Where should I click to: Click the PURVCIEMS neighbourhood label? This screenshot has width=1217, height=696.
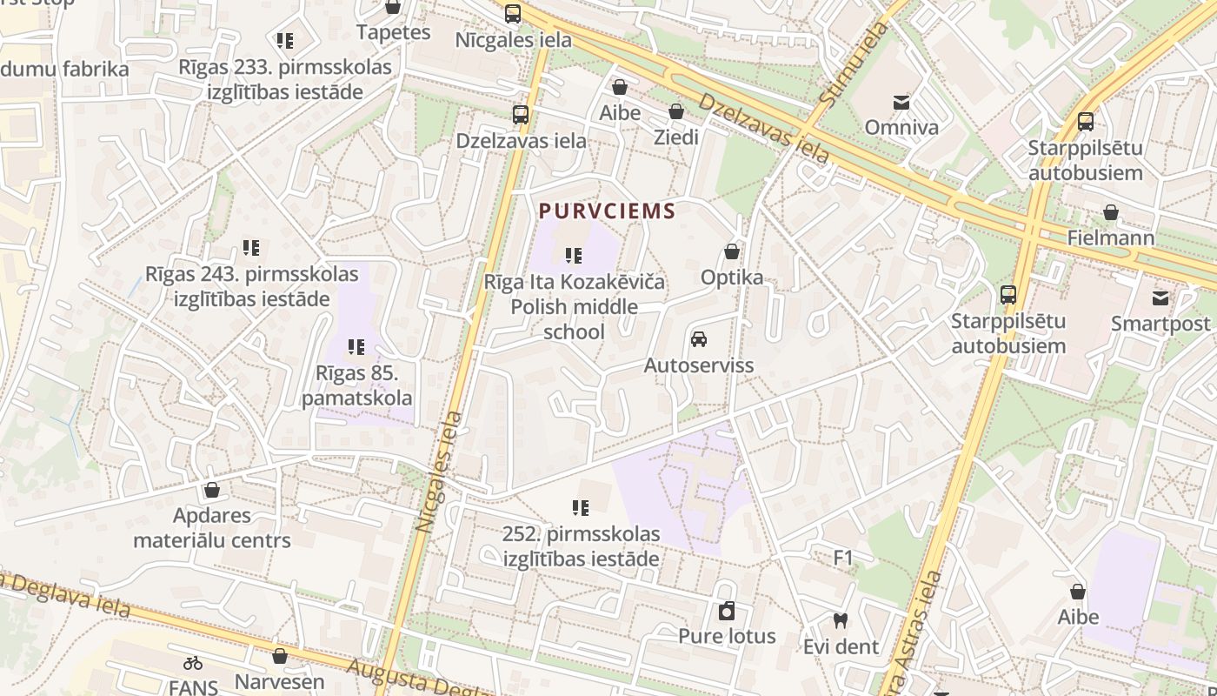coord(607,211)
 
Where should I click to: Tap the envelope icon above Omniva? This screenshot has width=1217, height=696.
coord(901,103)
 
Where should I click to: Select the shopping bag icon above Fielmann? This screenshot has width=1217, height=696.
coord(1110,212)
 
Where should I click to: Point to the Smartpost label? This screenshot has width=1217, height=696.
coord(1160,324)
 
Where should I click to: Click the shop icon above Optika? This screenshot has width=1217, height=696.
coord(732,252)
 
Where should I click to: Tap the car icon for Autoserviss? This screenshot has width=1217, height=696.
coord(698,339)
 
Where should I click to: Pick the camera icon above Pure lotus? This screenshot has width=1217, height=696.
coord(726,611)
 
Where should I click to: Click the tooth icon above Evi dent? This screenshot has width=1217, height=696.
coord(840,621)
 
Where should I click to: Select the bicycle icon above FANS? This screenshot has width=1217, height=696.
coord(193,663)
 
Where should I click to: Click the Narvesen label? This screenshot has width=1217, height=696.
coord(279,681)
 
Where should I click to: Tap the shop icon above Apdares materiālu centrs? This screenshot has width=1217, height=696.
coord(211,490)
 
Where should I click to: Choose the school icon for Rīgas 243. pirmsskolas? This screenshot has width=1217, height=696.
coord(251,249)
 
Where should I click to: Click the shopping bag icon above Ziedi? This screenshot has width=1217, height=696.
coord(675,112)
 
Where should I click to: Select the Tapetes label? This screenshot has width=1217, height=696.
coord(393,32)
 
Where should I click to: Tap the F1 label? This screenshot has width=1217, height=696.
coord(843,558)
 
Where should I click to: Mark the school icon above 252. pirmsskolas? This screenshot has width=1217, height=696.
coord(581,508)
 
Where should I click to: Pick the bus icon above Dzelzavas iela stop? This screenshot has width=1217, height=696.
coord(520,115)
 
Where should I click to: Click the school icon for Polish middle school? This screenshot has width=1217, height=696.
coord(574,256)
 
